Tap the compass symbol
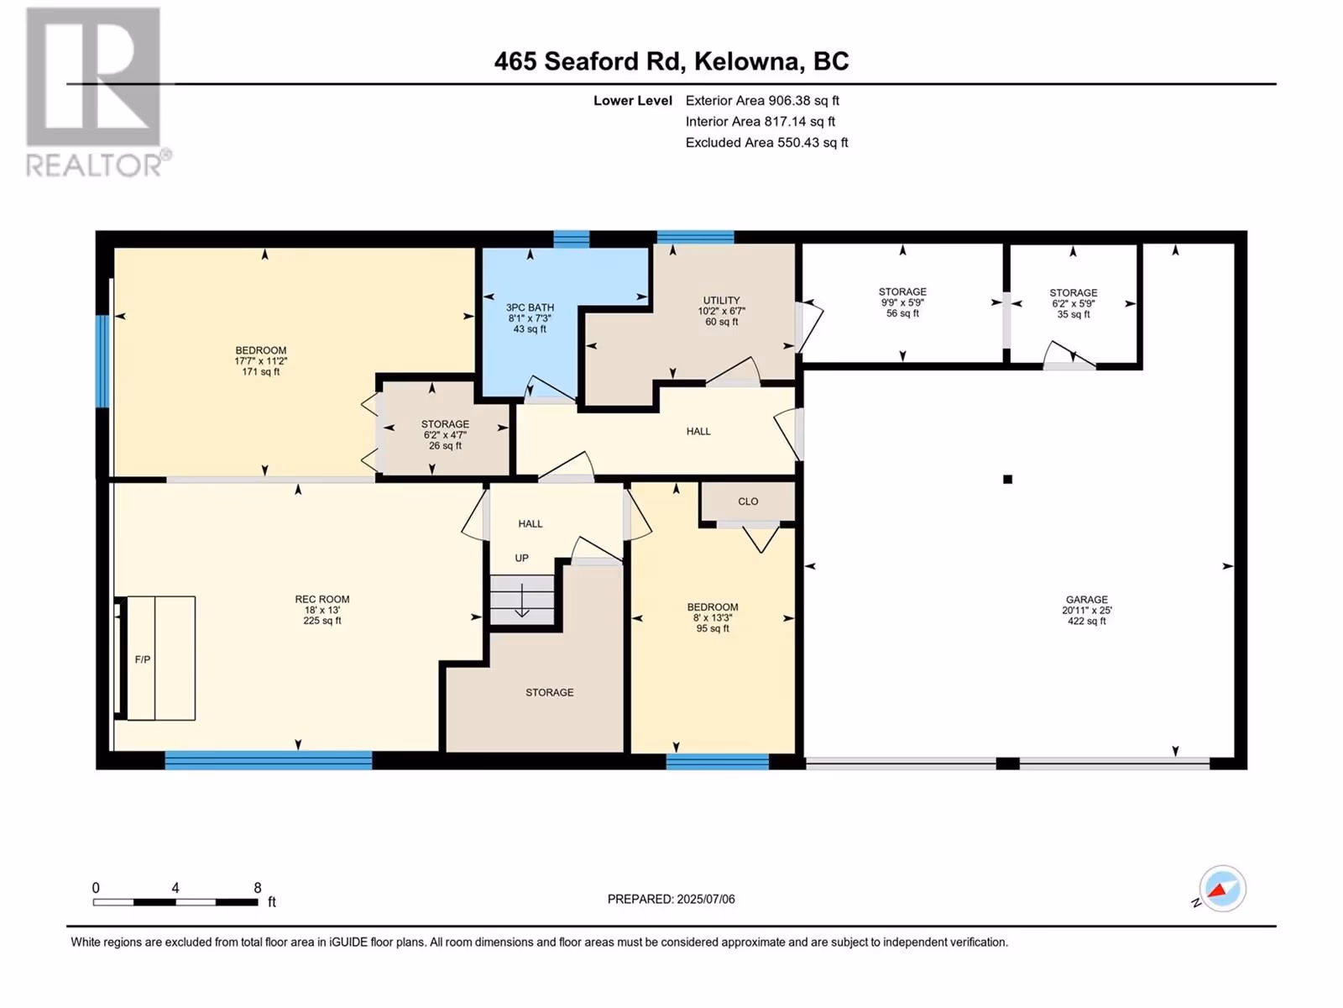[x=1221, y=889]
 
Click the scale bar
[x=175, y=902]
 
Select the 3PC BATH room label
[x=530, y=318]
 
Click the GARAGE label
[x=1087, y=610]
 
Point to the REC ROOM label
[x=322, y=610]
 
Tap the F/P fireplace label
[x=143, y=659]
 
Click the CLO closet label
[x=748, y=501]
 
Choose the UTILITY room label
[x=721, y=310]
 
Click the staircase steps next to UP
[x=522, y=600]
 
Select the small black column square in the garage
[x=1008, y=479]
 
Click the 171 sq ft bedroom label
[x=261, y=360]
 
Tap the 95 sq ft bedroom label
[x=713, y=617]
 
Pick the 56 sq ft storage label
[x=902, y=302]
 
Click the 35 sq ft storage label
[x=1074, y=303]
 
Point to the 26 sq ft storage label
[x=445, y=434]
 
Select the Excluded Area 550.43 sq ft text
[x=766, y=143]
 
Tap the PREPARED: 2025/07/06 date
[x=671, y=899]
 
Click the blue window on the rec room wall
[x=269, y=759]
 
